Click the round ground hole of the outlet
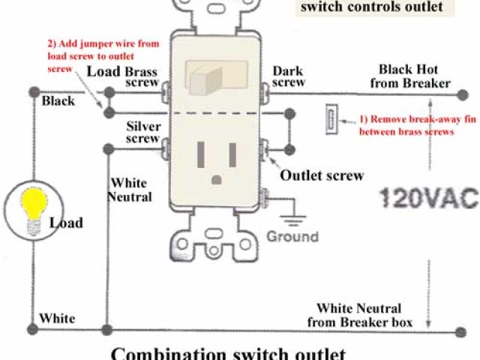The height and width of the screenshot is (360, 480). point(218,179)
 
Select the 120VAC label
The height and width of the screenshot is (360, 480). point(427,199)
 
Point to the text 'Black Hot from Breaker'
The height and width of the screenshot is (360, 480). point(415,76)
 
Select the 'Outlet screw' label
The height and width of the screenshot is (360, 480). point(322,175)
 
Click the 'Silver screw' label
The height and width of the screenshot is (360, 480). point(142,132)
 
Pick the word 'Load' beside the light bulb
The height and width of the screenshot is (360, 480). point(66,223)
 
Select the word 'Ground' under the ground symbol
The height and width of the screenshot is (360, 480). point(292,236)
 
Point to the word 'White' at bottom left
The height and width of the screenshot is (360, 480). point(57,318)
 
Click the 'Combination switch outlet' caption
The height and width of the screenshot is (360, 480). point(228,353)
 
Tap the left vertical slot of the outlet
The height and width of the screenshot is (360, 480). point(201,154)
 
